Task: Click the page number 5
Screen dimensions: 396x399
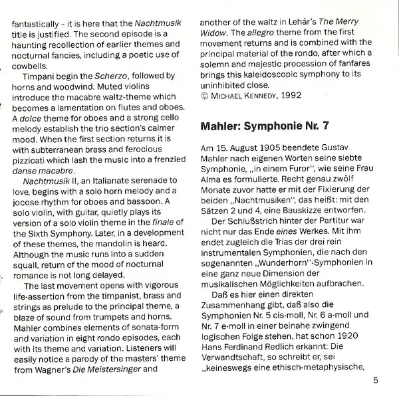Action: pos(376,380)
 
